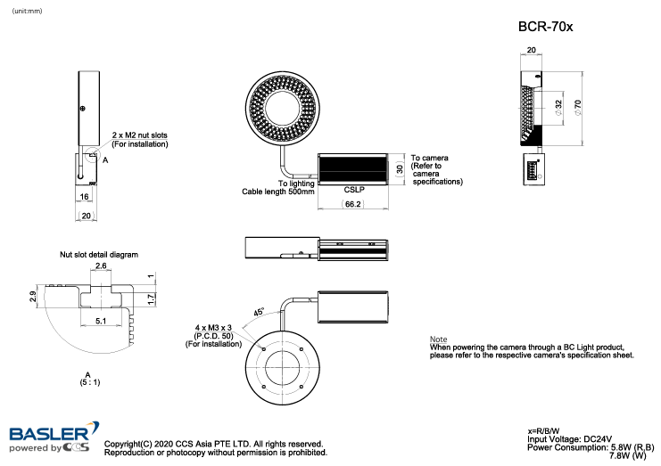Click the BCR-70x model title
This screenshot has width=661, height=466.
[545, 27]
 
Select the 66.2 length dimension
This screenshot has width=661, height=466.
[351, 204]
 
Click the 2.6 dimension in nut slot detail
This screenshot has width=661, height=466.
[101, 266]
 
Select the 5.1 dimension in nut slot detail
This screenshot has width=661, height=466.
[101, 320]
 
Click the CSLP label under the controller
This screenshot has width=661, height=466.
[353, 190]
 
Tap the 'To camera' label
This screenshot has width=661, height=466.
[429, 158]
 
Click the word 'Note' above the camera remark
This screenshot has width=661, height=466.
[438, 339]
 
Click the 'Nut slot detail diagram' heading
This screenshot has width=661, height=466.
[99, 254]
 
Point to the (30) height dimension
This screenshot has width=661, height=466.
[401, 168]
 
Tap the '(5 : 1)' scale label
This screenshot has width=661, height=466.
[87, 381]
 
